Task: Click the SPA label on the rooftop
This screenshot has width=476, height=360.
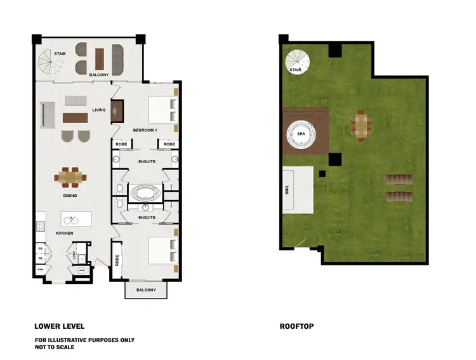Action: point(301,134)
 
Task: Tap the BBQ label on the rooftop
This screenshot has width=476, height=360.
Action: point(287,189)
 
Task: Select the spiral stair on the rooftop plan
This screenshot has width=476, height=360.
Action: point(297,62)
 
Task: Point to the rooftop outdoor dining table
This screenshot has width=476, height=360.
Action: point(360,125)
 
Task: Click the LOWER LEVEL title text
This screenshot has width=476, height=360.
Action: point(59,326)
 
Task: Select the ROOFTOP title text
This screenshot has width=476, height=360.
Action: point(296,326)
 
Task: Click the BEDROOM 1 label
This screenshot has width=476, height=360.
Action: point(145,130)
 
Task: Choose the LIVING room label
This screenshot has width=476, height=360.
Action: point(98,110)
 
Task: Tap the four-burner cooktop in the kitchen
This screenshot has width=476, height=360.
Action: point(40,226)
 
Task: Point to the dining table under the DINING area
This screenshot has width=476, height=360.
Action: point(70,177)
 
